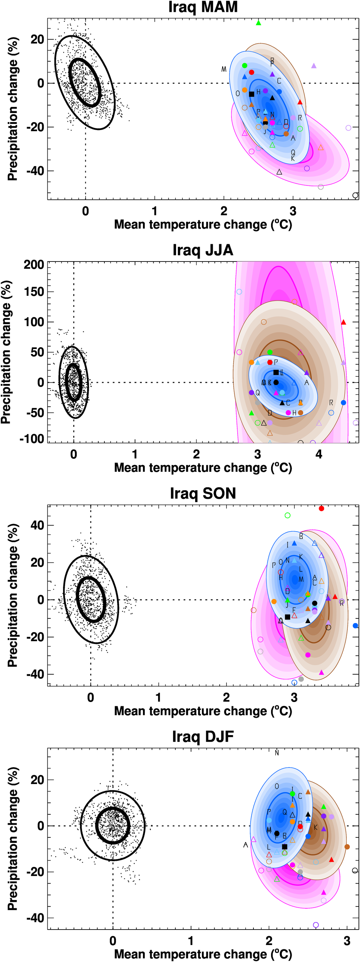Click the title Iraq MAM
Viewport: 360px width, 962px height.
click(203, 8)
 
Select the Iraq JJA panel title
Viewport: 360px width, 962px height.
click(203, 250)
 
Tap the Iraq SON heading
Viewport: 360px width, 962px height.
click(203, 493)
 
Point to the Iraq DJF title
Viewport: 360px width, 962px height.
click(203, 737)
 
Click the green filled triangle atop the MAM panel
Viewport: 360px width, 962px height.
click(258, 23)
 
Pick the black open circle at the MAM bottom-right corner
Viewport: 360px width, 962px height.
click(355, 195)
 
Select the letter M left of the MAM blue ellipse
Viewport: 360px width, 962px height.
click(224, 69)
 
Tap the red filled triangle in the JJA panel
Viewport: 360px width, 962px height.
click(343, 322)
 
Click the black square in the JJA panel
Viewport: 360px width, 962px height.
click(276, 372)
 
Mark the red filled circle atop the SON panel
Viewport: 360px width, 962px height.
click(321, 509)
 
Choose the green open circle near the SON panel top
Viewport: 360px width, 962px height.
click(288, 515)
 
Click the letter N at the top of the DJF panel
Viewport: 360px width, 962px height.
click(277, 753)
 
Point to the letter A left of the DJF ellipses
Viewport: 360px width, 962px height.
click(246, 845)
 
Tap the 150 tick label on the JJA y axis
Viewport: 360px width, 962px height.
click(34, 292)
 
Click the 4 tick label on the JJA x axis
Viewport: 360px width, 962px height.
click(319, 454)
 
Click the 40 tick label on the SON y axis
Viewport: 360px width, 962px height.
click(37, 525)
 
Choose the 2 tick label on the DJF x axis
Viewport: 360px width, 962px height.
click(269, 941)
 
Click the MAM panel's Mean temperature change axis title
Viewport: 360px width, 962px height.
click(203, 224)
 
